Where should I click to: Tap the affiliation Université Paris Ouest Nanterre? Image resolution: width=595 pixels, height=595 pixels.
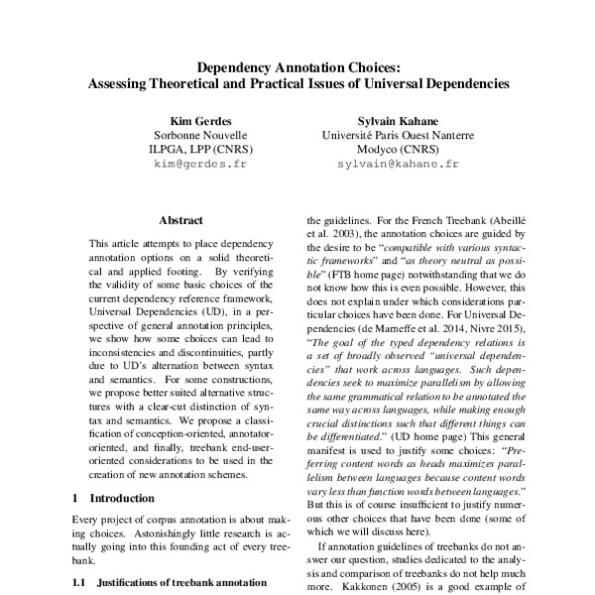[x=398, y=134]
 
